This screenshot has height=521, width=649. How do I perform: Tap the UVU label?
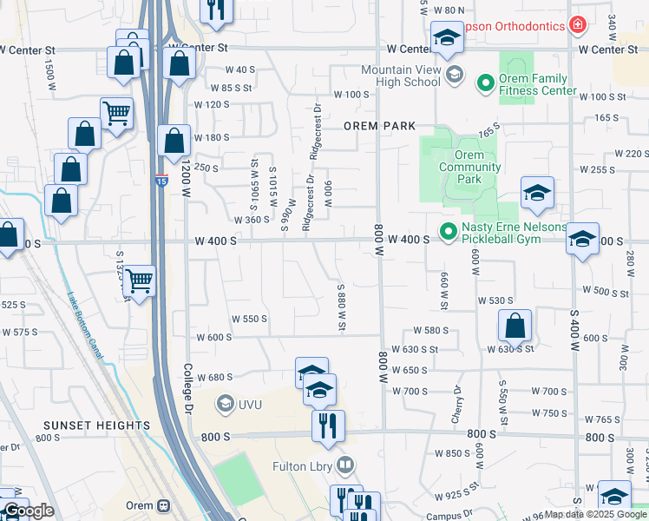247,403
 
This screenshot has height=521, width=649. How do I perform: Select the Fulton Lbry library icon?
346,466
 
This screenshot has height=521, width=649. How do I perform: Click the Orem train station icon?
162,506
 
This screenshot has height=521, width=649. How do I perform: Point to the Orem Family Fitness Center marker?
484,84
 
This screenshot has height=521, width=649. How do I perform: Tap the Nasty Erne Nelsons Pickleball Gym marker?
448,232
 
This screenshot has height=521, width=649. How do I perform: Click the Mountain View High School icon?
454,76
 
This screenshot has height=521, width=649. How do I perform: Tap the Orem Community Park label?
469,168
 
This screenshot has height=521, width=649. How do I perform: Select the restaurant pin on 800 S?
328,425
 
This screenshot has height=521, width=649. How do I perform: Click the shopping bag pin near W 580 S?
515,326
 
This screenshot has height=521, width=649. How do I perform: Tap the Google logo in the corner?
29,511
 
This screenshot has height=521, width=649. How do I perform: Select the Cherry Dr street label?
456,405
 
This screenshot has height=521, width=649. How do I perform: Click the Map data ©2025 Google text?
594,515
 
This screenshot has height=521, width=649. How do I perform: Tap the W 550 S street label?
249,319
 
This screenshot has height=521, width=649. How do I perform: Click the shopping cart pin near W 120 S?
116,112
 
